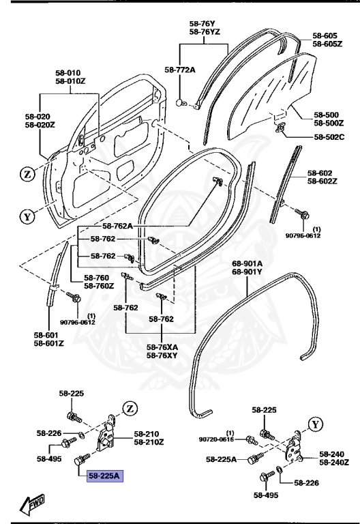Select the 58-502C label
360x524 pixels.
click(x=330, y=136)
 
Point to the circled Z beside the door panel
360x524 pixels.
click(x=27, y=175)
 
